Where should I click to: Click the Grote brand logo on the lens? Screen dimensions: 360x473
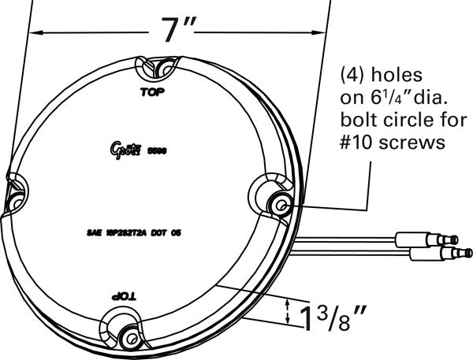tap(125, 147)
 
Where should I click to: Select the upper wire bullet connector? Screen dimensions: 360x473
tap(442, 236)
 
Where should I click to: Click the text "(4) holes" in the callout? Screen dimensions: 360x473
tap(382, 76)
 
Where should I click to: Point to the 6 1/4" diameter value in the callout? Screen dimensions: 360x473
tap(384, 99)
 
